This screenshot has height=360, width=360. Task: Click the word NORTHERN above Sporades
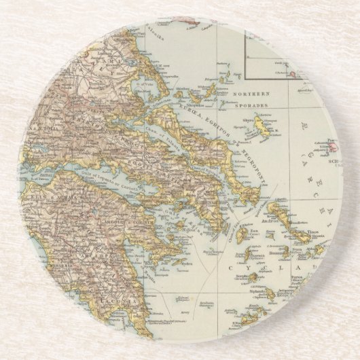click(x=252, y=93)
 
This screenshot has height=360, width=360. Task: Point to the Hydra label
click(x=178, y=260)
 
